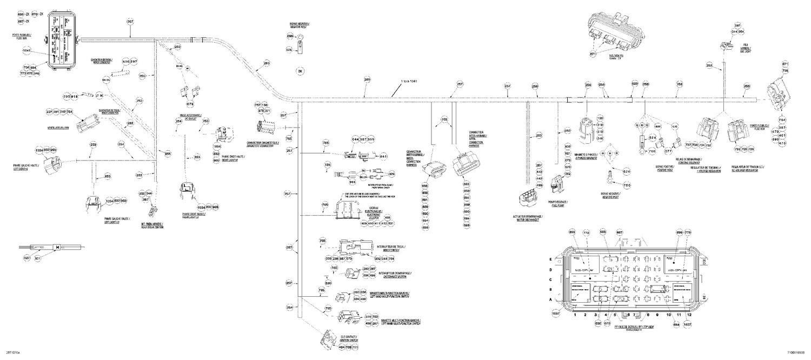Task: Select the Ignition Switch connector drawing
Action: pyautogui.click(x=325, y=339)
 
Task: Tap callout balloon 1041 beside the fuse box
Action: pyautogui.click(x=26, y=51)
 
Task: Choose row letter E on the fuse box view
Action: pyautogui.click(x=551, y=259)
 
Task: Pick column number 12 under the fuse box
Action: pyautogui.click(x=689, y=314)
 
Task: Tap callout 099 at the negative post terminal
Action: pyautogui.click(x=290, y=36)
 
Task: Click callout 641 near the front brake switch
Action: pyautogui.click(x=384, y=156)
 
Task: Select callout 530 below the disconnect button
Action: pyautogui.click(x=328, y=283)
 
